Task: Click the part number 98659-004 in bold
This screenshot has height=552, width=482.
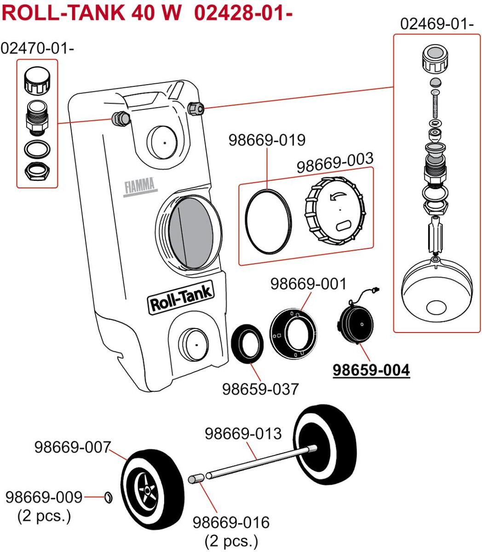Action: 371,370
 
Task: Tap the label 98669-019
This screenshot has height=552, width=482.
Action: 267,140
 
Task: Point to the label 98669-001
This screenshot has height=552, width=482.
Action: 308,284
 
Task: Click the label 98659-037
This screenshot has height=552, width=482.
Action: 260,389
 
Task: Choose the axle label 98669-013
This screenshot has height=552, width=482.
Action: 242,433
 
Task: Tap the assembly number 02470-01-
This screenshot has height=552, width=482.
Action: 37,48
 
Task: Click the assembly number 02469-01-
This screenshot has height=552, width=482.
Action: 437,24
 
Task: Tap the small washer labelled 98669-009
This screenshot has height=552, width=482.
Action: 109,497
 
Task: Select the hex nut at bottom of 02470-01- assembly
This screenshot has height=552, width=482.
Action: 37,171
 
